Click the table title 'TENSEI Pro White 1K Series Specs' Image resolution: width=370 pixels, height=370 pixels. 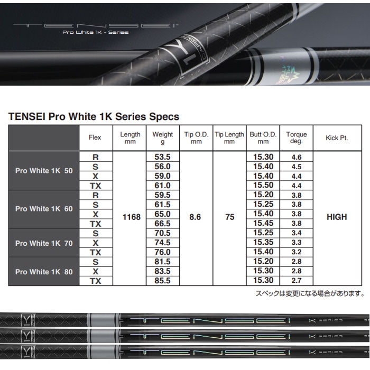[x=94, y=116]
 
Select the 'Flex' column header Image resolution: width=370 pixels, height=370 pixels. [x=95, y=138]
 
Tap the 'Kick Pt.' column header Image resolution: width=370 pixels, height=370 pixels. [x=337, y=138]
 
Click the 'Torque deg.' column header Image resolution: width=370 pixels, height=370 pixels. [x=297, y=138]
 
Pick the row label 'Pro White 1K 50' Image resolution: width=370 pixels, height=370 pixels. [x=44, y=171]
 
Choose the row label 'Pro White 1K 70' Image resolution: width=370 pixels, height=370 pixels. [x=44, y=243]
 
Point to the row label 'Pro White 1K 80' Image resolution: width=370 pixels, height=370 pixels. [x=44, y=272]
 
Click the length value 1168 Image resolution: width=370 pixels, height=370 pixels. [x=131, y=217]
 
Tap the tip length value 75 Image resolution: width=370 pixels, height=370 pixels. [x=229, y=217]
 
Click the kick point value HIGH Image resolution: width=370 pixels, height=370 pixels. [x=337, y=217]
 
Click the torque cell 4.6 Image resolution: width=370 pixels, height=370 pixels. [x=297, y=157]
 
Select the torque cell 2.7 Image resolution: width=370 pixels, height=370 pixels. [x=297, y=281]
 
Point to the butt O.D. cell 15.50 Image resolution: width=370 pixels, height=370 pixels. [x=263, y=186]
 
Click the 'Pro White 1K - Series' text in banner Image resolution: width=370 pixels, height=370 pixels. [x=95, y=32]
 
